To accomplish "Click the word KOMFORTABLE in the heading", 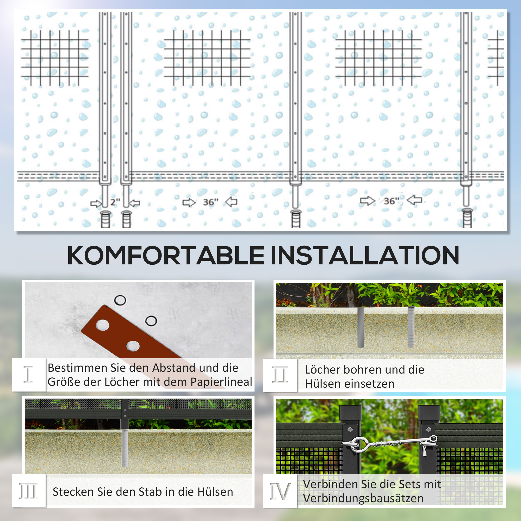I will [x=166, y=255].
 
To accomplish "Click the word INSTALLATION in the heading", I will [x=365, y=255].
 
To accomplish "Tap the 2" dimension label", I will [x=115, y=202].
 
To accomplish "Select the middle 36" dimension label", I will [x=210, y=202].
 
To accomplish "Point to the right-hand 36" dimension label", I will [x=391, y=201].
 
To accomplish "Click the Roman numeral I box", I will [x=29, y=375].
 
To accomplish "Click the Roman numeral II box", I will [x=280, y=375].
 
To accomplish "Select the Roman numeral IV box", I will [x=280, y=491].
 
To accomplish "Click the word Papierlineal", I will [x=221, y=382].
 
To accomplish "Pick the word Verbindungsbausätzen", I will [x=363, y=498].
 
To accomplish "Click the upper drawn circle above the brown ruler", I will [x=120, y=300].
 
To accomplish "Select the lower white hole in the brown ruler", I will [x=133, y=346].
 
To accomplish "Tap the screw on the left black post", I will [x=350, y=430].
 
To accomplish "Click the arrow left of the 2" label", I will [x=96, y=203].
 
